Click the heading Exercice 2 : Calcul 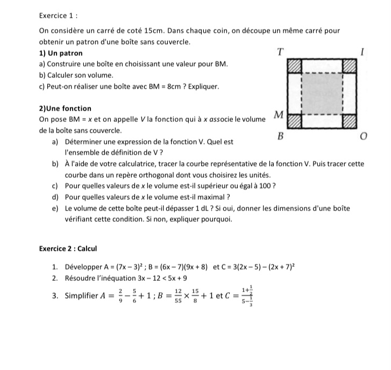click(x=68, y=249)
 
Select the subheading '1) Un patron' click(x=61, y=53)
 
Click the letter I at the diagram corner click(x=363, y=53)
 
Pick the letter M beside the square click(x=278, y=114)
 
